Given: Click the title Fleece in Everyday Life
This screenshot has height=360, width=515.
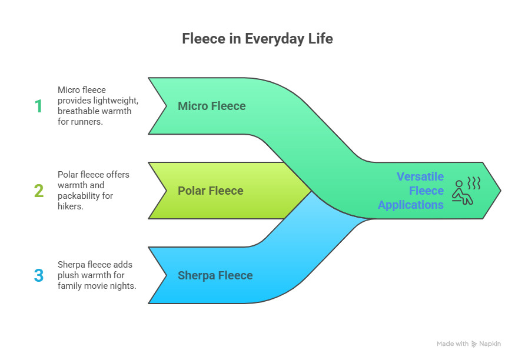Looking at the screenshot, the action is [258, 39].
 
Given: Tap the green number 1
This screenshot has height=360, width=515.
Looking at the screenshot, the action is [38, 106].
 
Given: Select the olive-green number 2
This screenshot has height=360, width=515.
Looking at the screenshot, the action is [39, 191].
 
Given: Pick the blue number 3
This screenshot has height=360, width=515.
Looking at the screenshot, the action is [39, 275].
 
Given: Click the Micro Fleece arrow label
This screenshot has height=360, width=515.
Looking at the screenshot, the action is [211, 106].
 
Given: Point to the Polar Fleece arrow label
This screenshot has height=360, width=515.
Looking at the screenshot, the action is [211, 191].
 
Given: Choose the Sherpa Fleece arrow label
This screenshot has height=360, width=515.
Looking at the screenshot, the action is [215, 275].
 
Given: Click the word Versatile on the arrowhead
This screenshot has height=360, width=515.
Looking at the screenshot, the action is [420, 176].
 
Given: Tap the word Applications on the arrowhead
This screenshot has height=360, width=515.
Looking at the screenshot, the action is [411, 205].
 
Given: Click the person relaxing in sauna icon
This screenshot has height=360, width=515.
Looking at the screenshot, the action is [462, 192].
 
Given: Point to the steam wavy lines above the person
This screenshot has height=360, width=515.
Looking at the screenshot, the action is [474, 183].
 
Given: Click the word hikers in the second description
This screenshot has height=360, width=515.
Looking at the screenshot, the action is [70, 206].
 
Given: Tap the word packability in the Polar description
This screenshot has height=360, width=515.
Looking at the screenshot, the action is [79, 196].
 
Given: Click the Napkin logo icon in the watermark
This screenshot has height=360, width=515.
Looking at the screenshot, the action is [474, 344].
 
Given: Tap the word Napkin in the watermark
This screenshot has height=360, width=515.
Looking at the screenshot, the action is [490, 344].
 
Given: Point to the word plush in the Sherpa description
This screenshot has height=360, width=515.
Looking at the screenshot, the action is [68, 275].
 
